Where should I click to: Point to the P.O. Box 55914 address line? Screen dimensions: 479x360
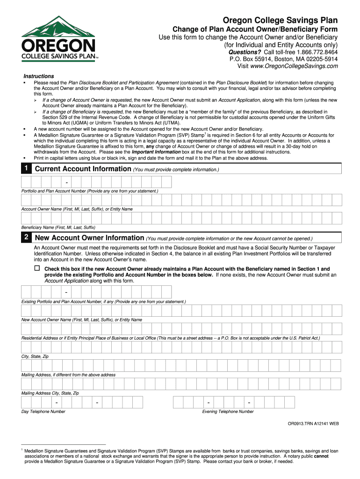(283, 59)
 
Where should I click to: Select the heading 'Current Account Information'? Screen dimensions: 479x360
(83, 169)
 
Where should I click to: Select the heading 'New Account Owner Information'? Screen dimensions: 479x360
(90, 238)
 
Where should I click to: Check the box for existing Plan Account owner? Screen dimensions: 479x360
(37, 269)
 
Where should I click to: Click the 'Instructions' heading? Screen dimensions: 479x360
(39, 76)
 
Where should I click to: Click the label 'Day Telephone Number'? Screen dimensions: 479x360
(43, 412)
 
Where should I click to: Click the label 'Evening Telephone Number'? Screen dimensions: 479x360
(228, 412)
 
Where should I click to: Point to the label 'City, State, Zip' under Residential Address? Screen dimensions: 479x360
(35, 356)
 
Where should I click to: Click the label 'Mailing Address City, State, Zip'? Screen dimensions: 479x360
(50, 393)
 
